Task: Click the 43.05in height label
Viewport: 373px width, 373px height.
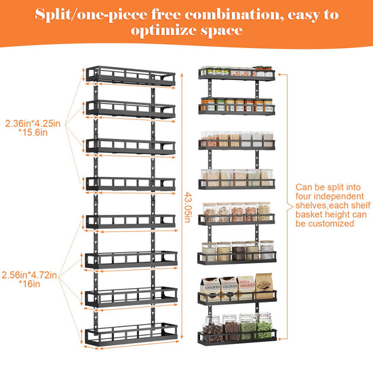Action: tap(188, 208)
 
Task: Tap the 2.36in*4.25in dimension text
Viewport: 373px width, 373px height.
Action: tap(33, 123)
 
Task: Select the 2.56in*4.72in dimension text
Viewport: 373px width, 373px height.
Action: tap(29, 275)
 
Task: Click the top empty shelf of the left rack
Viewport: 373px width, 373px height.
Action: tap(131, 76)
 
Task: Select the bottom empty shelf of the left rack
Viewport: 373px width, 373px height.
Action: tap(131, 334)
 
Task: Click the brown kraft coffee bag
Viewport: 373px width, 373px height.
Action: tap(264, 286)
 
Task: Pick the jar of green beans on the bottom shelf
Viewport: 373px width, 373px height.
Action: tap(264, 326)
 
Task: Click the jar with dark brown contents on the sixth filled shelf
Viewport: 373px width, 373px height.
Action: tap(238, 251)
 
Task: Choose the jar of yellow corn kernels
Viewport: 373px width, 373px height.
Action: tap(264, 212)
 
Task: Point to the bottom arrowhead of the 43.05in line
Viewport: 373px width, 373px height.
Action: tap(182, 337)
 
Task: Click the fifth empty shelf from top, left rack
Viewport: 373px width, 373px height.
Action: tap(131, 222)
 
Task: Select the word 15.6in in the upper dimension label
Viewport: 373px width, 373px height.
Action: tap(33, 132)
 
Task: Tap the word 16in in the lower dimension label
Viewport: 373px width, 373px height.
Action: tap(29, 283)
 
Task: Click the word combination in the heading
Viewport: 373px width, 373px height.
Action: tap(234, 15)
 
